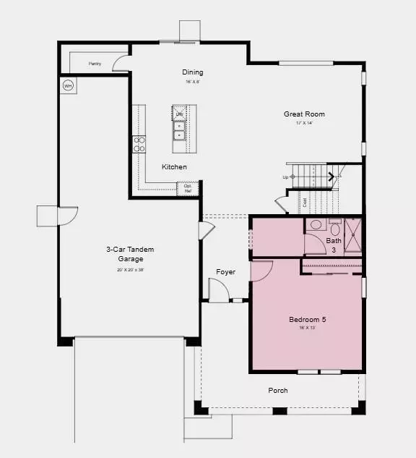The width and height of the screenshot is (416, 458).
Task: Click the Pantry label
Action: tap(95, 64)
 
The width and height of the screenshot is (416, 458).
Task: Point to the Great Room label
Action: tap(304, 114)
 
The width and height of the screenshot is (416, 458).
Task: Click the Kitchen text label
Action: tap(174, 167)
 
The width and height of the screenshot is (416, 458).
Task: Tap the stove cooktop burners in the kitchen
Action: tap(139, 144)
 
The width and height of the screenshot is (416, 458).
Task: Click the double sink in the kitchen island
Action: tap(179, 130)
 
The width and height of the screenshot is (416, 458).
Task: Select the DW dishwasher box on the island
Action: tap(179, 114)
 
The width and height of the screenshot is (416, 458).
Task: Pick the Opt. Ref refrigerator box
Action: tap(188, 189)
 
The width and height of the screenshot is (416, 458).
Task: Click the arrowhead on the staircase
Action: tap(331, 176)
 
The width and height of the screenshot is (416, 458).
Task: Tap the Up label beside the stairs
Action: tap(286, 177)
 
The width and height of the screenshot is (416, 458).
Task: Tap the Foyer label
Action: tap(226, 272)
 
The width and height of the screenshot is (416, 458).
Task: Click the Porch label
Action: tap(278, 391)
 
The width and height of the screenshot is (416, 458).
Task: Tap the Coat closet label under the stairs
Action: tap(305, 203)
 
